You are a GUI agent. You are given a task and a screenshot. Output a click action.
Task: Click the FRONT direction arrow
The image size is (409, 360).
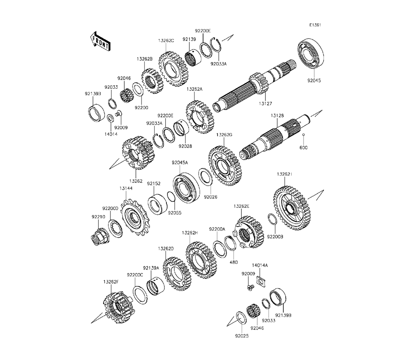100,41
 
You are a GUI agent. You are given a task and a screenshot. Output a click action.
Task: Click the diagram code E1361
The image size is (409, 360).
315,25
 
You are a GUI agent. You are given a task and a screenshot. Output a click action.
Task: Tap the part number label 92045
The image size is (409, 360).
314,81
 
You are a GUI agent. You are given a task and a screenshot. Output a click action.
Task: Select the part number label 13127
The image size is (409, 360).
265,103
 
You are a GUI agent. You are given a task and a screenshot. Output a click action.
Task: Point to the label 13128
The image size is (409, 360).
277,115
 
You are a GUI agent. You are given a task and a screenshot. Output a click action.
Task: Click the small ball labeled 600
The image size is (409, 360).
303,135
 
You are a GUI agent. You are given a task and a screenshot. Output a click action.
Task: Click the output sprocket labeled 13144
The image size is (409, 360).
135,218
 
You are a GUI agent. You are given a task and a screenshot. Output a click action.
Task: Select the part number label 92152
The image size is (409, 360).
154,184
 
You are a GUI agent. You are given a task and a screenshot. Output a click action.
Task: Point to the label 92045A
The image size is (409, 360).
180,163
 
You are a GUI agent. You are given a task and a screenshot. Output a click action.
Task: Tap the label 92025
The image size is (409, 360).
242,336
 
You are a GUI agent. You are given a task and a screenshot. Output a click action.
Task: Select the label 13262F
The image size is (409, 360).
111,282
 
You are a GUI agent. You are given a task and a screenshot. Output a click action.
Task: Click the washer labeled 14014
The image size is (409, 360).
110,118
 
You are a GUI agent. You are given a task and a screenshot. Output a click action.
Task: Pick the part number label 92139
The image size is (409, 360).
189,39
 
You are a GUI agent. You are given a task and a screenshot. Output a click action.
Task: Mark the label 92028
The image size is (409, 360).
185,146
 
